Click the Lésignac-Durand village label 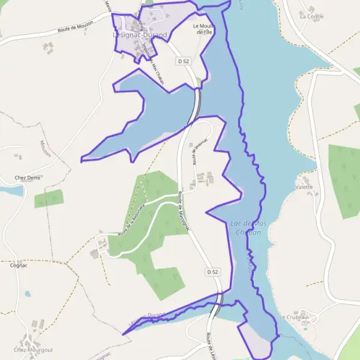(x=140, y=35)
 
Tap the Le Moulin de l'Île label (x=204, y=29)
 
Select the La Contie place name (x=311, y=16)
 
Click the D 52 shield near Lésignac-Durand (x=184, y=61)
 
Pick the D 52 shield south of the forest (x=212, y=272)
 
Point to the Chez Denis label (x=26, y=178)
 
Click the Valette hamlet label (x=304, y=187)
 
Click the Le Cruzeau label (x=293, y=317)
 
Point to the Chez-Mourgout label (x=33, y=349)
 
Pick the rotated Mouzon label (x=45, y=148)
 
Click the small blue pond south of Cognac (x=28, y=294)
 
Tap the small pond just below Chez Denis (x=11, y=191)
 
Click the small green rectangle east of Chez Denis (x=49, y=198)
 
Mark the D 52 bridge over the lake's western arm (x=195, y=106)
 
